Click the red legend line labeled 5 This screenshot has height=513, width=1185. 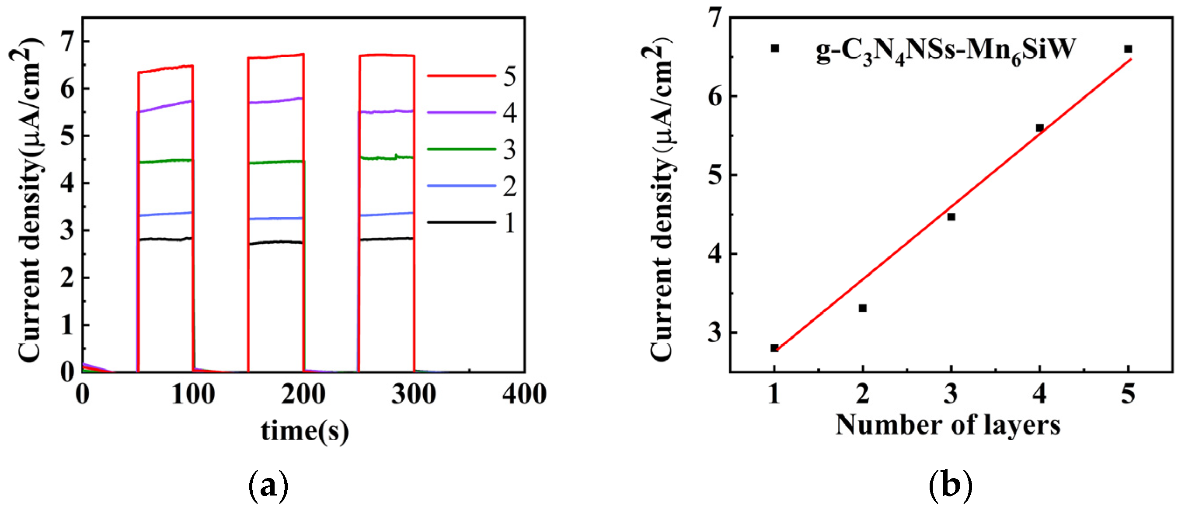(461, 76)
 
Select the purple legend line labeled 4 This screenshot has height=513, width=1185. (461, 112)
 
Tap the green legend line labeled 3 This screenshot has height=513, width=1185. (461, 149)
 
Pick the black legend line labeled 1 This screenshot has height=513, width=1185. (461, 222)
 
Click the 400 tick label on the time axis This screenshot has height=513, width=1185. (524, 395)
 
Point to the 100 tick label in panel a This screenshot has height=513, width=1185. (193, 395)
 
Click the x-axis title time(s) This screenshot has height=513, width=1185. (304, 431)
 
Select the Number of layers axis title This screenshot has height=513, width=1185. (948, 425)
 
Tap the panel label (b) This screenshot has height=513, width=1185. (950, 487)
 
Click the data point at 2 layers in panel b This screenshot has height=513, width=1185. (863, 308)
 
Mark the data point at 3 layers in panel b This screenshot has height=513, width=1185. (951, 216)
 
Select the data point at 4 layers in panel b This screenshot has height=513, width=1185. (1040, 128)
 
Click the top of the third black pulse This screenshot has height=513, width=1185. (387, 239)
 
